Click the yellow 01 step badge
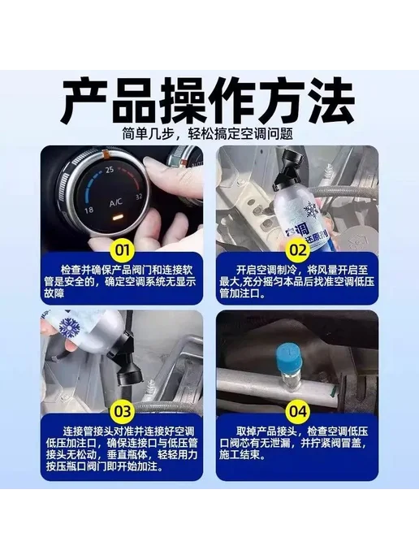(122, 249)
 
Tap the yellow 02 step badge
(298, 249)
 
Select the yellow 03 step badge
(122, 411)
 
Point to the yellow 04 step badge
(298, 411)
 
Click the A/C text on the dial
(116, 203)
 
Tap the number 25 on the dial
(110, 170)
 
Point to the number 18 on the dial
(89, 210)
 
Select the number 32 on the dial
(139, 197)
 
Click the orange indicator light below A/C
(116, 217)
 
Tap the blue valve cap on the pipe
(289, 356)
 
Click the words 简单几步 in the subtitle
(143, 134)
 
